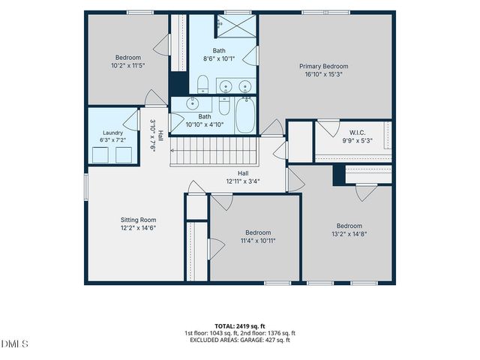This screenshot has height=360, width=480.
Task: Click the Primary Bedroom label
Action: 323,66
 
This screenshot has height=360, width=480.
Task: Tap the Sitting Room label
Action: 138,220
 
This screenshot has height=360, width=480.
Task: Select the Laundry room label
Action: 112,133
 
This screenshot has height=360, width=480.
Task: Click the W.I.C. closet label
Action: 357,133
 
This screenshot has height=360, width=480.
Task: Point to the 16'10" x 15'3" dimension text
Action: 323,74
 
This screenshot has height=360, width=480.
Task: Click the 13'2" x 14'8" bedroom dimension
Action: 349,234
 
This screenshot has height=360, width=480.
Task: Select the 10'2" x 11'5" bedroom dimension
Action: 128,65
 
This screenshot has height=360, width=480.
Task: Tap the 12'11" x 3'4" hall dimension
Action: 243,181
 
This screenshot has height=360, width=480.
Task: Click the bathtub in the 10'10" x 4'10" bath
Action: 245,115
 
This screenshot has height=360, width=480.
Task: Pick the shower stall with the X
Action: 236,26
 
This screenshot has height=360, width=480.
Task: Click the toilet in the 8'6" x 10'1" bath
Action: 202,84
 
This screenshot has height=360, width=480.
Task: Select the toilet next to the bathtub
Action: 224,106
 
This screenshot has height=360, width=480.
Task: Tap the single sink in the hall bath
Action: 193,103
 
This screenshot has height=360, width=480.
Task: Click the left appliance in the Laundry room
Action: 100,155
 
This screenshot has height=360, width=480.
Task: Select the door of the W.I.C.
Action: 329,128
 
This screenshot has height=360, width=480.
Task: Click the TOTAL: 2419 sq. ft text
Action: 240,326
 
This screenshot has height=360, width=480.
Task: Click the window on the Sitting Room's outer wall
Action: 86,187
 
